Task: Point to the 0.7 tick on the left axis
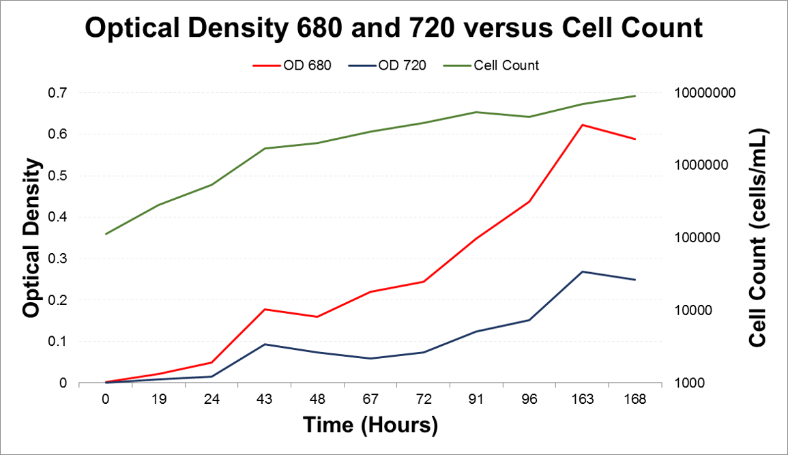coord(58,92)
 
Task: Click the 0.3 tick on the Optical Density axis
coord(58,259)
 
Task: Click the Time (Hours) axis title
coord(370,425)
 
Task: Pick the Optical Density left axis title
coord(30,237)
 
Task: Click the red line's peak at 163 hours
coord(582,125)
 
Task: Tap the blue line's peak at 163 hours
coord(582,271)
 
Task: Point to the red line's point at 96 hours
coord(529,201)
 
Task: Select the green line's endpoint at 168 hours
coord(635,96)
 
